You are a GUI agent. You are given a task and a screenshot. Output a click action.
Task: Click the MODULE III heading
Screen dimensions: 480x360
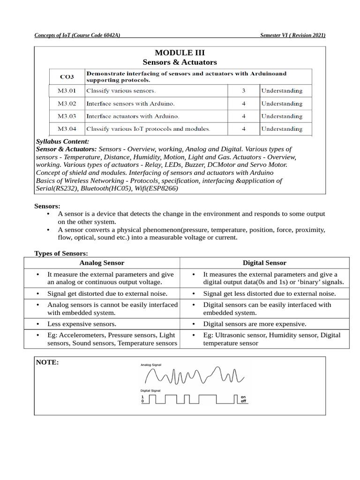pos(180,52)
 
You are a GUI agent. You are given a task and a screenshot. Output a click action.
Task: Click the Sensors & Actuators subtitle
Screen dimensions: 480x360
pos(180,62)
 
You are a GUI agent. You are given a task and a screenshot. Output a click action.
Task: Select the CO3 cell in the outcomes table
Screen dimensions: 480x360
pos(67,77)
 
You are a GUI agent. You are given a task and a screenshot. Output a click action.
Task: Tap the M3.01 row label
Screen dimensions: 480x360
pos(67,90)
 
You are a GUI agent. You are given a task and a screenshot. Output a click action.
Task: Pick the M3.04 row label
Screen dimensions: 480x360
pos(67,128)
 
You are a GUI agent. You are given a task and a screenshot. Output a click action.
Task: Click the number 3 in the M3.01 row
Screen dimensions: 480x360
pos(243,90)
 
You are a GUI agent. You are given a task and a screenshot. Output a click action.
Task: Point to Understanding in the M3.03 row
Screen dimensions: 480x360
pos(282,116)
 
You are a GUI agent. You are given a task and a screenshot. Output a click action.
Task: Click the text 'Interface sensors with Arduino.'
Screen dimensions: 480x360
pos(130,104)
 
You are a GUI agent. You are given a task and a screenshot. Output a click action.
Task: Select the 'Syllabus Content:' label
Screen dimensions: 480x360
pos(62,141)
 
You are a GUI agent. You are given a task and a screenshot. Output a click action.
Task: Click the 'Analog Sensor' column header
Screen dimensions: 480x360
pos(102,263)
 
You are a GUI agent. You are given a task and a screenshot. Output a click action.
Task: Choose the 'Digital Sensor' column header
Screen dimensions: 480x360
pos(264,263)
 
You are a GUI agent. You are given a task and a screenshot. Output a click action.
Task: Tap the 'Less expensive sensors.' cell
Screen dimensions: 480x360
pos(82,324)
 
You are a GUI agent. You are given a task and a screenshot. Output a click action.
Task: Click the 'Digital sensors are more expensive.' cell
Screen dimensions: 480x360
pos(255,324)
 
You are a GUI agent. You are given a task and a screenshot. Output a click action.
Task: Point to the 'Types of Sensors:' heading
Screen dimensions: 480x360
pos(61,254)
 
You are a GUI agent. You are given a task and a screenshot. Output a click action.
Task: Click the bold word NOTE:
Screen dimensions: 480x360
pos(47,362)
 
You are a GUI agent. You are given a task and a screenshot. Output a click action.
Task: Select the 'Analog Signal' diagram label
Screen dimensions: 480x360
pos(151,364)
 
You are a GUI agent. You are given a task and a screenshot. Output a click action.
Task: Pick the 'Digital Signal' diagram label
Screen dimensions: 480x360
pos(150,390)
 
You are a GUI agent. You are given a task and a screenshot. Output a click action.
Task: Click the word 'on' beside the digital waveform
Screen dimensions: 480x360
pos(243,397)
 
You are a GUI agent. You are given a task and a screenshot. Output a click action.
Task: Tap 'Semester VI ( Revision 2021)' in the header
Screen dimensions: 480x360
pos(292,35)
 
